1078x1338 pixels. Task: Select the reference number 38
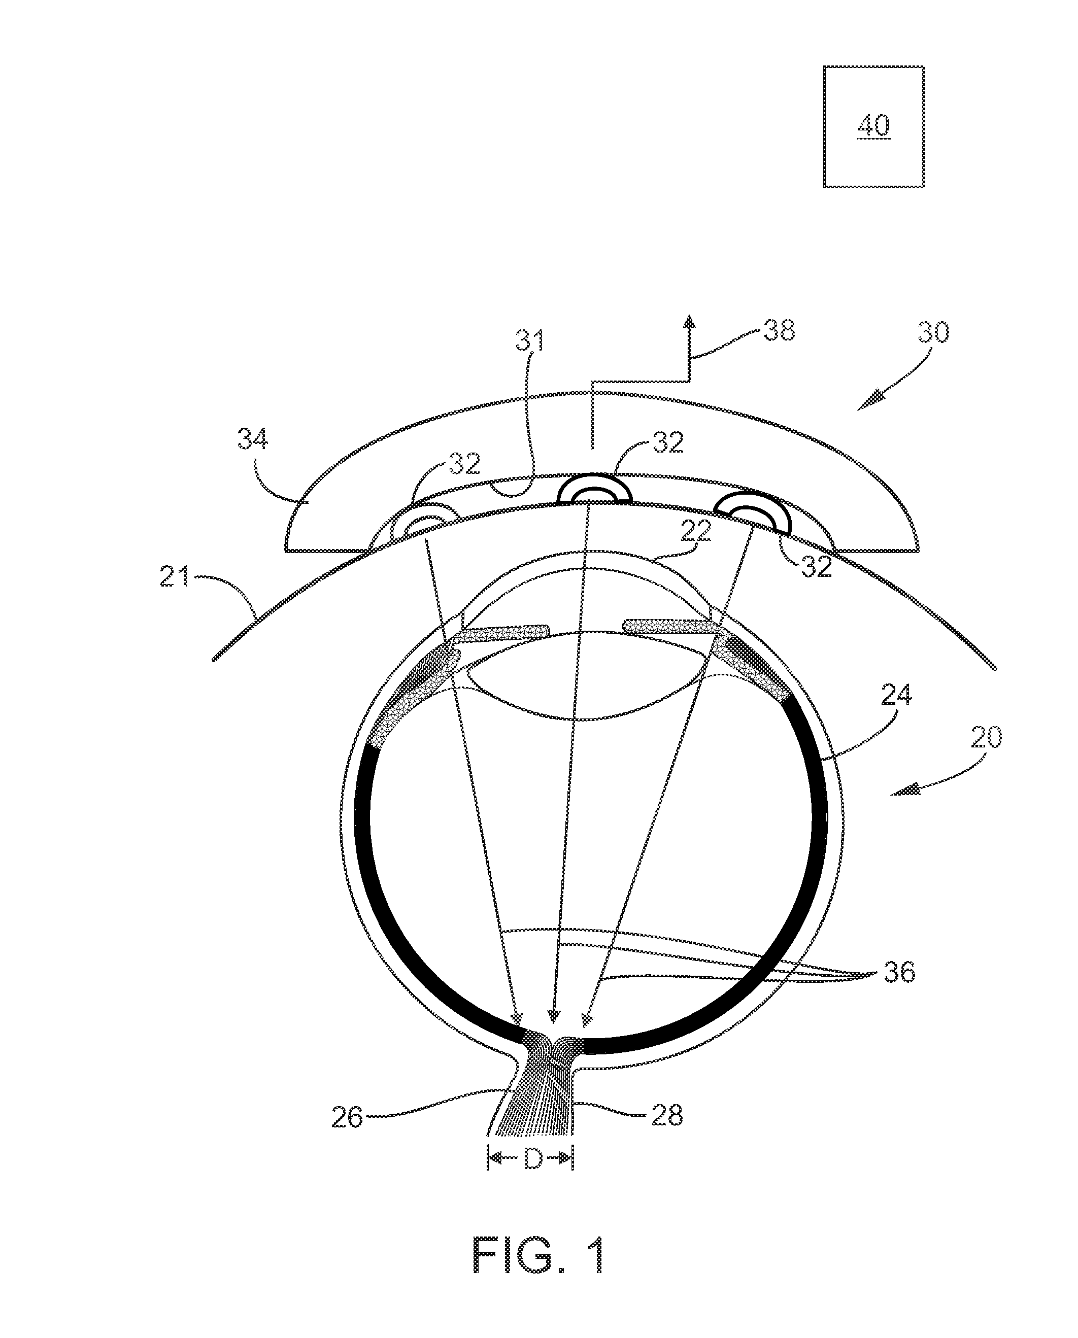(779, 330)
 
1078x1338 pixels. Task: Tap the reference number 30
(933, 333)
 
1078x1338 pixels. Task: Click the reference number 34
(253, 439)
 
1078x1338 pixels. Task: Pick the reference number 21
(176, 580)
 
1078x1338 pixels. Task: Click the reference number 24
(896, 695)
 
